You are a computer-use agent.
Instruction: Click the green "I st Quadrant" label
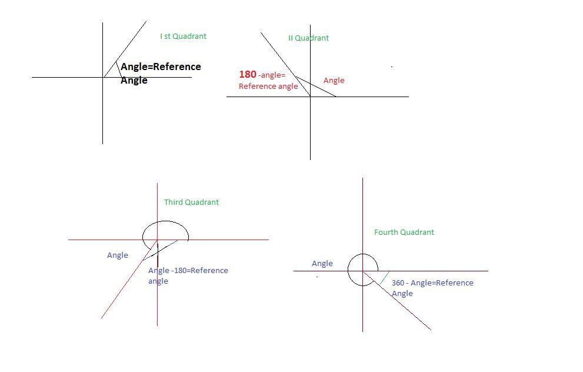pos(183,36)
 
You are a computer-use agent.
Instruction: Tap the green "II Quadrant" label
pos(308,38)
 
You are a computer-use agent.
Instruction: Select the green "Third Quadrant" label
pos(191,202)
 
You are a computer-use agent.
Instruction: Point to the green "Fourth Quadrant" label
pos(404,232)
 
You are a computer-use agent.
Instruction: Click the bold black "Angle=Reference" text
pos(161,67)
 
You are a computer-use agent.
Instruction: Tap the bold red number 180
pos(248,75)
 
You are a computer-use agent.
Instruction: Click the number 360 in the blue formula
pos(398,283)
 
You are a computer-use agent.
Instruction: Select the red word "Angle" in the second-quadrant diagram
pos(334,81)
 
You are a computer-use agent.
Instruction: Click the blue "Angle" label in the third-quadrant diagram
pos(118,255)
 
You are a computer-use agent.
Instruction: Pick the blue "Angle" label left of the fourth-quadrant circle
pos(322,264)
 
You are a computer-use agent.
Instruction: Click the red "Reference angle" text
pos(268,87)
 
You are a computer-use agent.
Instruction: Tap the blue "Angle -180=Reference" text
pos(188,271)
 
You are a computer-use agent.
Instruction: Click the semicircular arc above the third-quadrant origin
pos(165,222)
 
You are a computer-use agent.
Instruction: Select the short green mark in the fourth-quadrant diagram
pos(385,277)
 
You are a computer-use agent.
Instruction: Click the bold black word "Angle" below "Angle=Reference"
pos(134,81)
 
